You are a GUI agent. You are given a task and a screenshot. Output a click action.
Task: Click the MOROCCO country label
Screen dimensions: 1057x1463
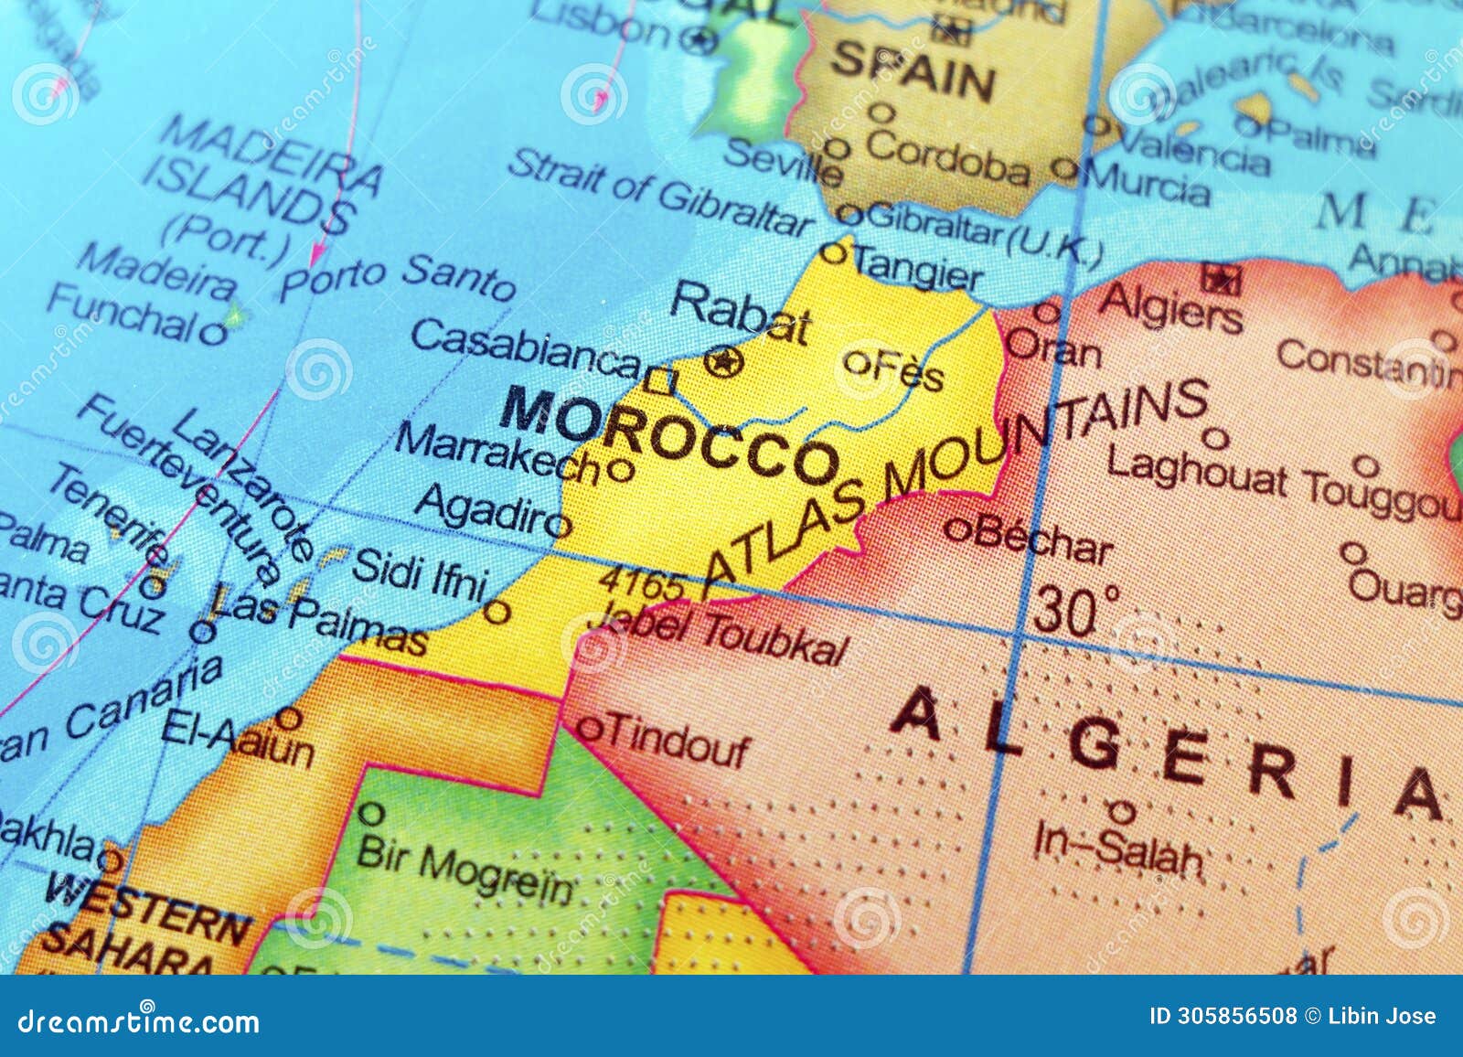668,435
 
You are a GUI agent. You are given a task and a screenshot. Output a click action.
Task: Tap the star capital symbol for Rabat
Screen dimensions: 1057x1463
723,362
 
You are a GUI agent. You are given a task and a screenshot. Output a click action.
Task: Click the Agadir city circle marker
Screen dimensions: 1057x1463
560,525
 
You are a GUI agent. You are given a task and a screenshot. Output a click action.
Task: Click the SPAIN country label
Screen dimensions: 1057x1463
913,72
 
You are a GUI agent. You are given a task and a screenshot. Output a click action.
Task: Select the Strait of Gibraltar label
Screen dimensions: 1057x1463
658,194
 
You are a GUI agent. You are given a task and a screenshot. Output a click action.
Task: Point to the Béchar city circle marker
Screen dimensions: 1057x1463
956,528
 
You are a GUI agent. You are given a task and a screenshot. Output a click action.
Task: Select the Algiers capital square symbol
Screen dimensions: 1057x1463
1221,277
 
